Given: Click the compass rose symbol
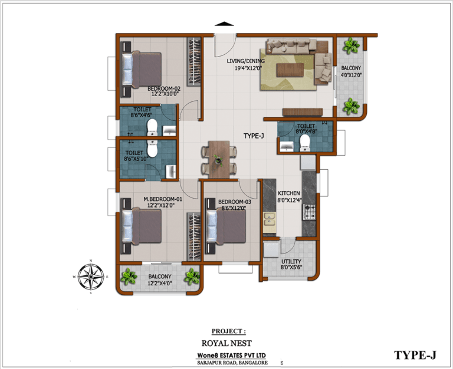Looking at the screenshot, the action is click(x=91, y=277).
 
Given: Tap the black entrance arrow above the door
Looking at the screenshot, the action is click(x=224, y=24).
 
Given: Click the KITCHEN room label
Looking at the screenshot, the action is click(x=288, y=193).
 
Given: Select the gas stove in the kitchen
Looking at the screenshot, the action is click(x=309, y=212).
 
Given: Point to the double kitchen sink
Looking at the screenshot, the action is click(x=270, y=219).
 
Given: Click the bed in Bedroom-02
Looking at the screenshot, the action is click(x=142, y=70).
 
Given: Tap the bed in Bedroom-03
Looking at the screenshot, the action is click(x=226, y=228).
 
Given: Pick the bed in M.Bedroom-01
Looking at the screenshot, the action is click(x=142, y=228).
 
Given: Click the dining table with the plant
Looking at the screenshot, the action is click(x=219, y=160).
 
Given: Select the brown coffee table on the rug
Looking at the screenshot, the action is click(x=290, y=70).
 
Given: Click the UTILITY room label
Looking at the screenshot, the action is click(x=291, y=261).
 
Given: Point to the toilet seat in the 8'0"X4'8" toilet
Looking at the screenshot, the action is click(x=304, y=143).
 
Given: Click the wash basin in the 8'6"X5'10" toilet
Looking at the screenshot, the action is click(x=171, y=172).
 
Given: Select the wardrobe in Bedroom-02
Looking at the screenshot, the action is click(x=193, y=61).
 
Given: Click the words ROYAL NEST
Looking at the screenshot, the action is click(x=226, y=343).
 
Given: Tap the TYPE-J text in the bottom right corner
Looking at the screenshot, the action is click(x=415, y=355).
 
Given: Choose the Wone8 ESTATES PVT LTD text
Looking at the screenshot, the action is click(x=231, y=355).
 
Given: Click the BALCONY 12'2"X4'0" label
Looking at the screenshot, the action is click(x=160, y=280).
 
